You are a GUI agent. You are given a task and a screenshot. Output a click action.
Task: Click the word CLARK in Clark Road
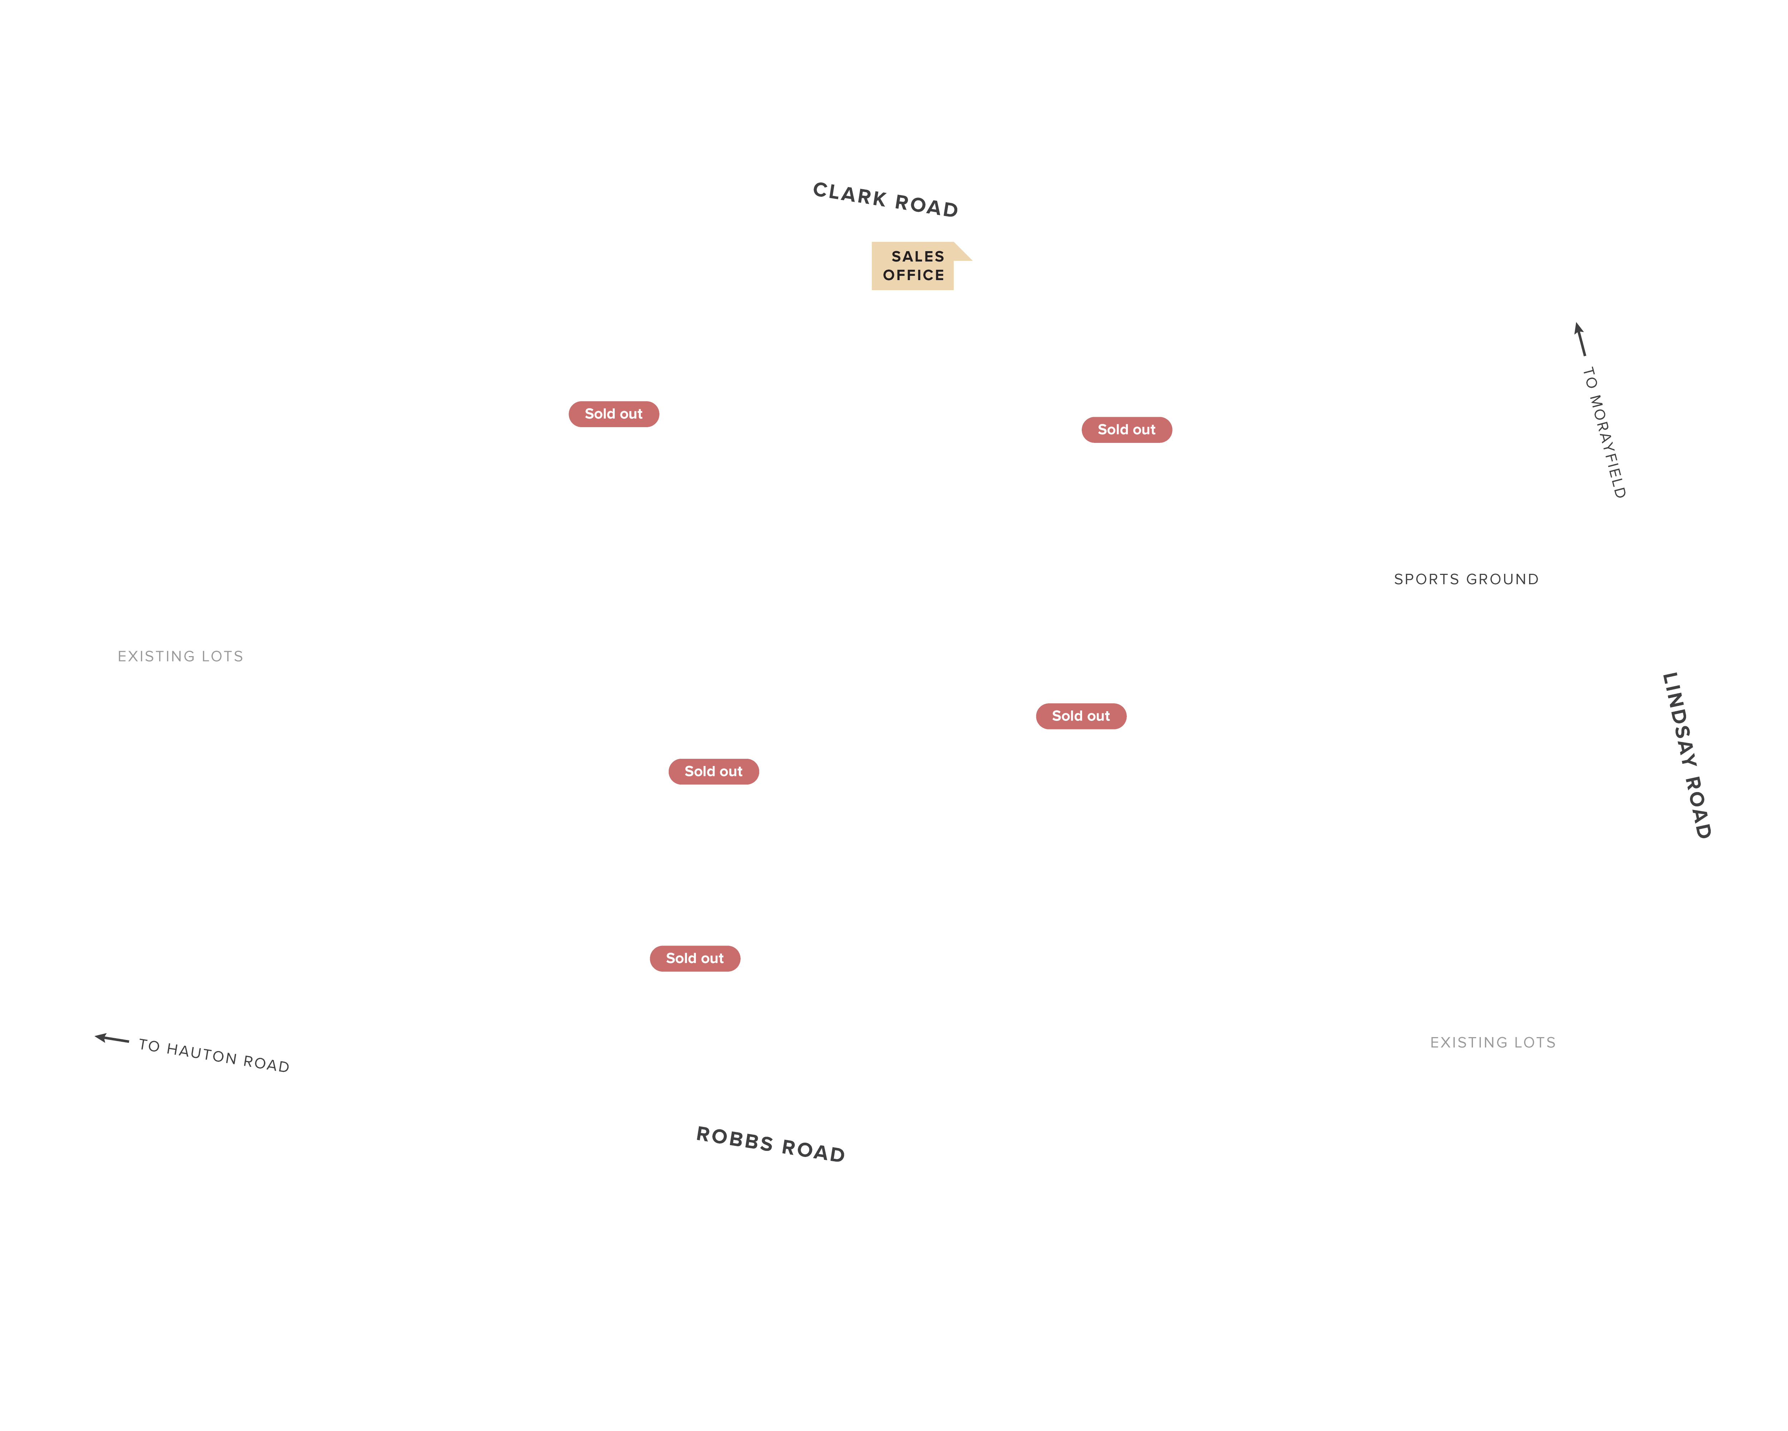849,195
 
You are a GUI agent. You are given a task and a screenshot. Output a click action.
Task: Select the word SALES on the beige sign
917,257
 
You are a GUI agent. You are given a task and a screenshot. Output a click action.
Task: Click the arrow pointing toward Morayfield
1580,338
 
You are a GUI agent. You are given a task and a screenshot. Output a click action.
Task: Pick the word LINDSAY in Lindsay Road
1679,718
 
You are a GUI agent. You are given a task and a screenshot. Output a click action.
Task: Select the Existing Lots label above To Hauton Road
180,656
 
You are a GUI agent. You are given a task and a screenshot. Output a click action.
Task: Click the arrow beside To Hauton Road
112,1039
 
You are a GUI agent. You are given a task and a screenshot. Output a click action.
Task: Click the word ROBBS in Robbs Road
734,1139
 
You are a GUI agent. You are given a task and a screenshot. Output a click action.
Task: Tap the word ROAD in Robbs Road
813,1151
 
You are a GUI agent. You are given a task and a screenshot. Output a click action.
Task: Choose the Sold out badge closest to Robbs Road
695,958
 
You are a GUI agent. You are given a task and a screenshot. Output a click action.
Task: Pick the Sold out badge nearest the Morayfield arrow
1126,430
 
